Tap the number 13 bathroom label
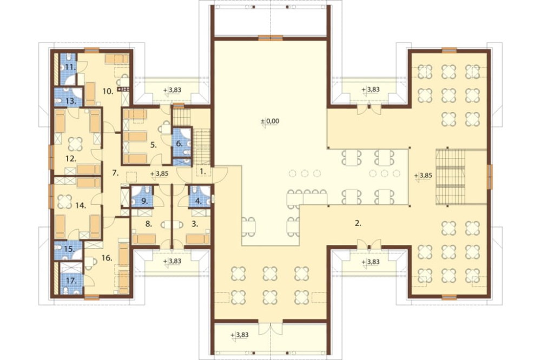coord(71,102)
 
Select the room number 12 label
coord(70,158)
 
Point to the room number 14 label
coord(81,205)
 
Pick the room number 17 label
coord(71,282)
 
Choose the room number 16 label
coord(107,258)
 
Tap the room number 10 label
coord(108,91)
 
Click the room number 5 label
coord(154,145)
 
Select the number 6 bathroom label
coord(180,143)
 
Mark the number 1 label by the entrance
coord(203,171)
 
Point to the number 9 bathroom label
coord(144,201)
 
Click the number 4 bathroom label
coord(199,201)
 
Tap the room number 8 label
coord(149,224)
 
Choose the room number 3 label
coord(195,224)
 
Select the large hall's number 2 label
coord(358,223)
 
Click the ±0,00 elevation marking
coord(270,122)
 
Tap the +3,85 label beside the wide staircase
coord(424,176)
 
